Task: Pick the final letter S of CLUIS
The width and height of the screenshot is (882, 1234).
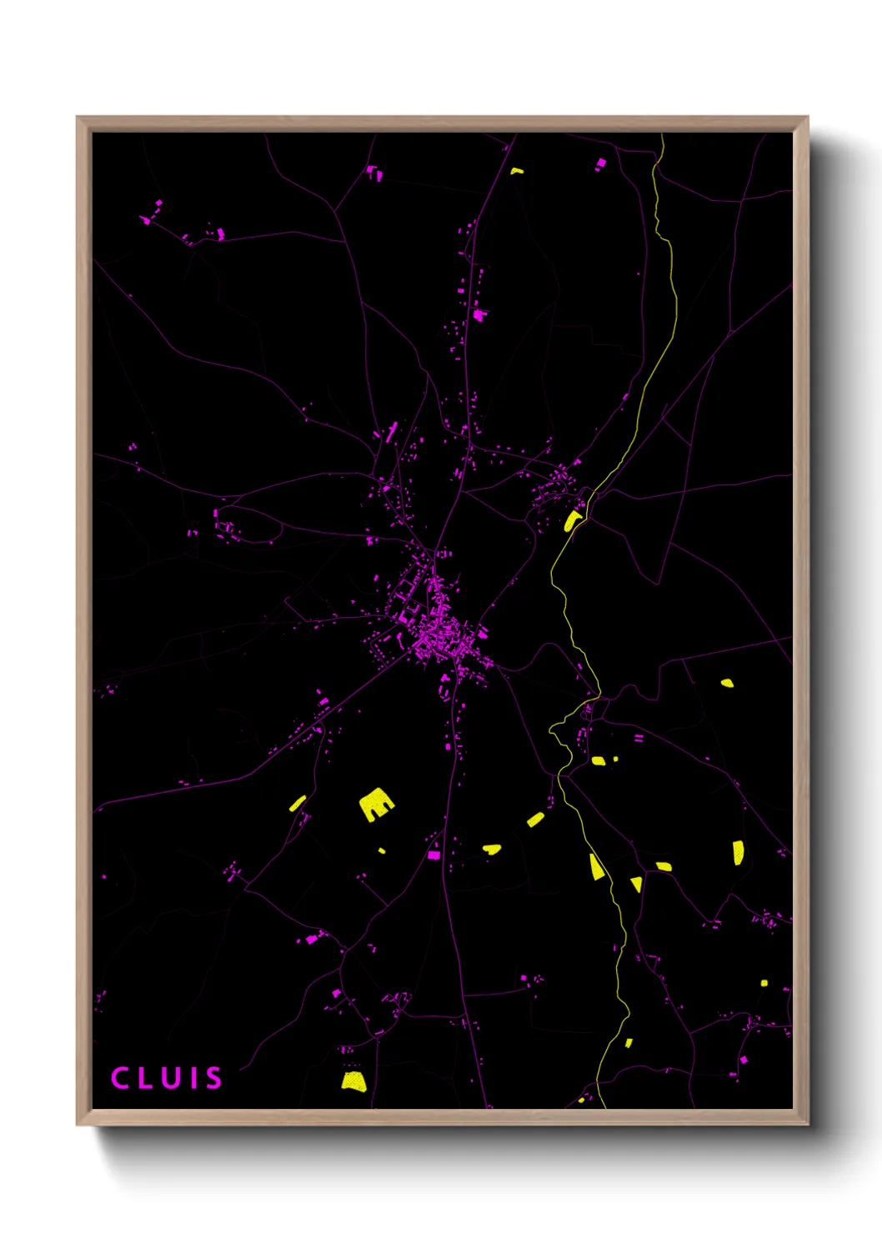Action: point(213,1078)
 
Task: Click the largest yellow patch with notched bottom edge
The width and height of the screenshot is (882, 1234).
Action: point(376,804)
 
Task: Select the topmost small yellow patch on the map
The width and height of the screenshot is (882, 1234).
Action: point(517,171)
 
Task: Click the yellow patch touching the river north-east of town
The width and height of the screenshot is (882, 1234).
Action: point(573,521)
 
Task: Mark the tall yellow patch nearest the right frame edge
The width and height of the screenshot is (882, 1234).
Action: point(738,853)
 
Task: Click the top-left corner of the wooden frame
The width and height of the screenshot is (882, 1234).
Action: point(78,118)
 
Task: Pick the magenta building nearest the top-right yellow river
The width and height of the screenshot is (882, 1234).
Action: point(600,163)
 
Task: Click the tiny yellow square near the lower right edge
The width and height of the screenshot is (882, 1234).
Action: point(764,983)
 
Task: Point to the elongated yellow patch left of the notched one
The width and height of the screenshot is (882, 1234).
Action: point(298,804)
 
